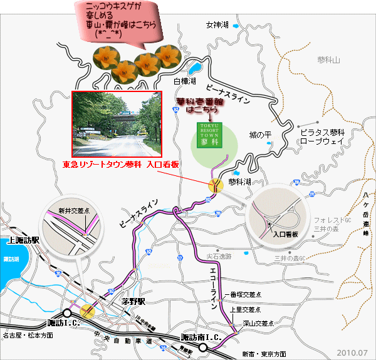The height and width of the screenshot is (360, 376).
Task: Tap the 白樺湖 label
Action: click(x=185, y=81)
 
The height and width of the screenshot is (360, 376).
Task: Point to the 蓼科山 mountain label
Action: click(x=328, y=60)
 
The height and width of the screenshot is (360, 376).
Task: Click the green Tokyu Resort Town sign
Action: click(x=207, y=133)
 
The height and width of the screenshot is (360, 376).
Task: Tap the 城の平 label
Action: click(x=259, y=135)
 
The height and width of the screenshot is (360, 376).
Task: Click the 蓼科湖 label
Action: click(x=239, y=182)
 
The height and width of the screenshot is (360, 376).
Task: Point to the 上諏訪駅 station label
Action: click(x=23, y=240)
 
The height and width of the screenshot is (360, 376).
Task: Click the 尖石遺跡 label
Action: click(x=219, y=256)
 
